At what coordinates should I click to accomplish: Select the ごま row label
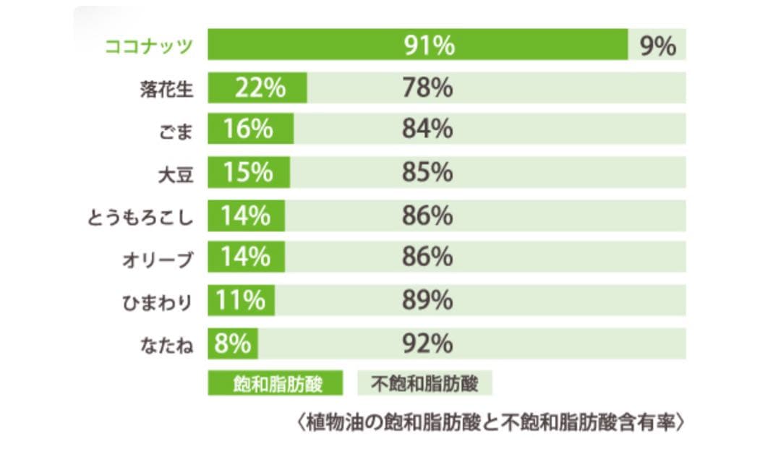(177, 132)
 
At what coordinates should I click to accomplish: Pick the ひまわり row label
(157, 301)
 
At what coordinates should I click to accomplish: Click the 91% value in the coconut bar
(429, 46)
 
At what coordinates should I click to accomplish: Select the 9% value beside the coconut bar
(657, 46)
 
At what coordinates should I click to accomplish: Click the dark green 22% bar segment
(258, 88)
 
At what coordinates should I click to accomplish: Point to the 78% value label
(427, 88)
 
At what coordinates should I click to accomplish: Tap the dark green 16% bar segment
(250, 130)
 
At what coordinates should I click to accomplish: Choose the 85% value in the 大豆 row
(427, 173)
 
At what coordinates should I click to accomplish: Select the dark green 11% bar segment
(241, 300)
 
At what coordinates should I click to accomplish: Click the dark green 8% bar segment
(233, 343)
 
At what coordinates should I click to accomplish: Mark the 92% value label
(427, 343)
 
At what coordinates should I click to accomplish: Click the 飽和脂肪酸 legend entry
(276, 383)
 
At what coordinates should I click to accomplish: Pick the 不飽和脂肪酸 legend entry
(424, 383)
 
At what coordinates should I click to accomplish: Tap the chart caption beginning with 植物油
(488, 422)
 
